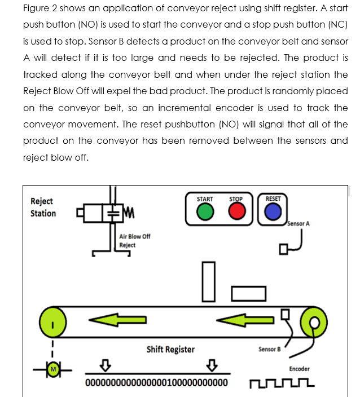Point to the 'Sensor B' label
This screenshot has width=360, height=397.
click(x=269, y=349)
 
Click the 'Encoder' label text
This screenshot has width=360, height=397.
click(x=299, y=369)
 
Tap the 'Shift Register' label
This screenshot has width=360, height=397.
click(x=170, y=349)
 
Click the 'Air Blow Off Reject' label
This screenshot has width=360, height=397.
click(x=135, y=241)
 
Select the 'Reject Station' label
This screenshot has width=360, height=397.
click(x=43, y=207)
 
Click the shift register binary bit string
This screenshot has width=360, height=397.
click(x=156, y=383)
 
